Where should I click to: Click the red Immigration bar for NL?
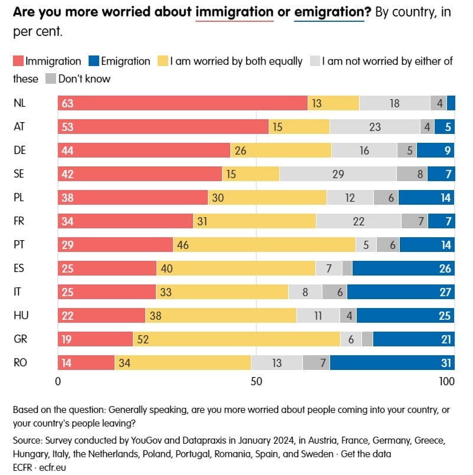[x=182, y=103]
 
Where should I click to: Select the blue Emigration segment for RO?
[x=392, y=362]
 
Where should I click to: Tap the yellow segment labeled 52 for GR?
[x=236, y=339]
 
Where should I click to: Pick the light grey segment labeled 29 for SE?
[x=338, y=173]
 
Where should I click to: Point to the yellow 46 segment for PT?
[x=264, y=244]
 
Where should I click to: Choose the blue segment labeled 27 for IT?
[x=400, y=291]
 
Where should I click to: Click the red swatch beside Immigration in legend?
[x=18, y=61]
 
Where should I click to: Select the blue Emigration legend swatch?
[x=93, y=61]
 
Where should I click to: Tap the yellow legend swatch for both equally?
[x=162, y=61]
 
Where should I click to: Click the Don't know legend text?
[x=84, y=78]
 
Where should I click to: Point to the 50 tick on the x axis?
[x=256, y=381]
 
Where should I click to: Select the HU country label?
[x=20, y=315]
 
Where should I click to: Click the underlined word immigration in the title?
[x=234, y=11]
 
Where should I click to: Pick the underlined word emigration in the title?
[x=329, y=11]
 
